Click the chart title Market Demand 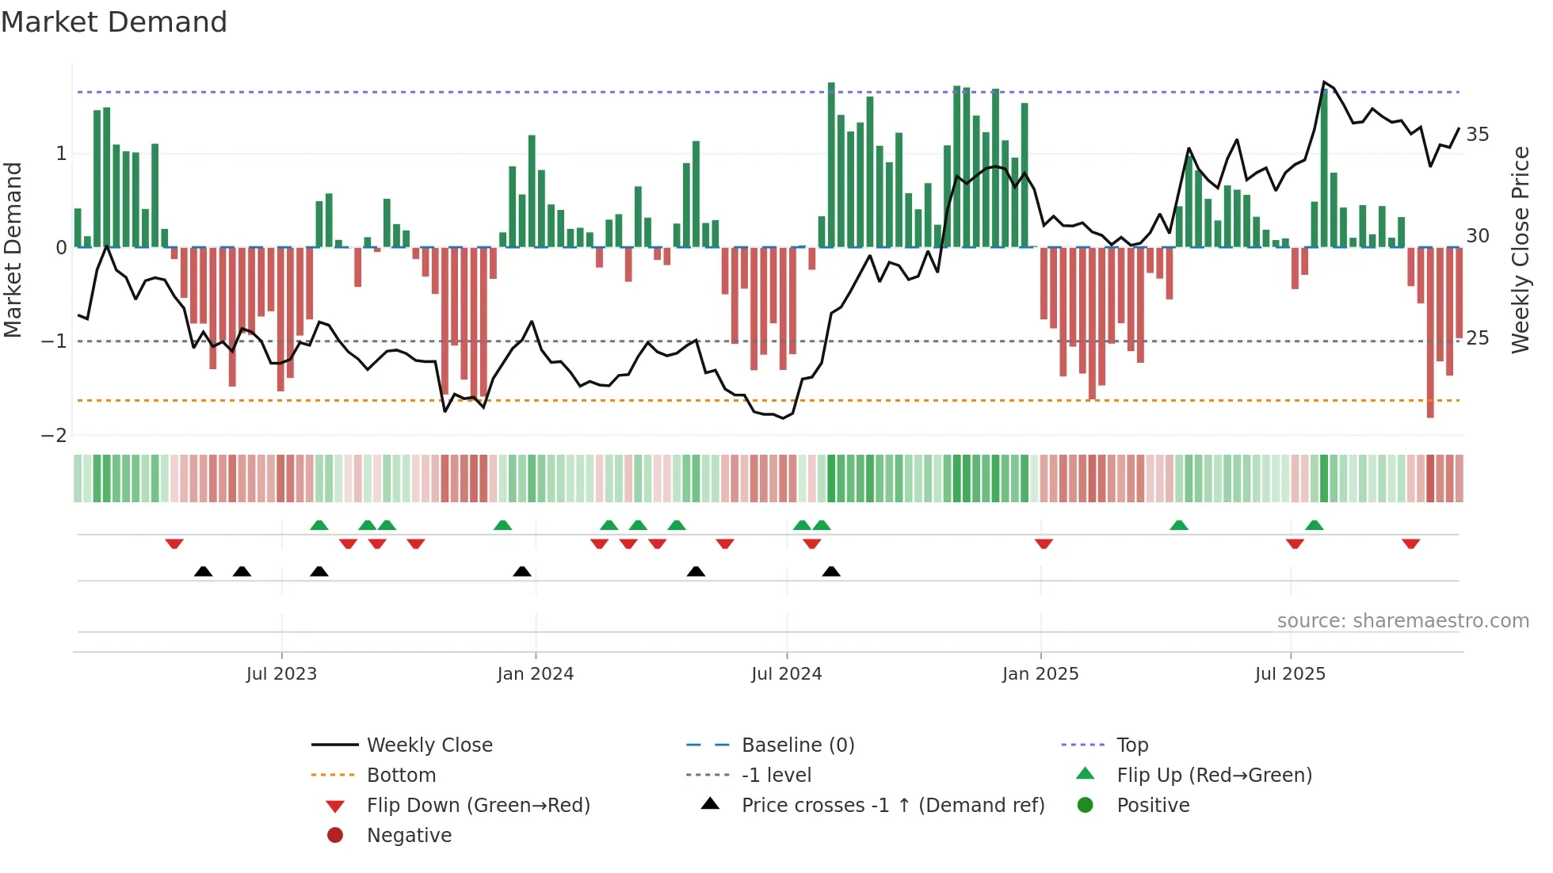(x=114, y=22)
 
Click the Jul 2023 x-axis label (x=281, y=674)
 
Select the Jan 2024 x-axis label (x=535, y=674)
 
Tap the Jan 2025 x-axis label (x=1040, y=674)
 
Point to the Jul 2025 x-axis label (x=1290, y=674)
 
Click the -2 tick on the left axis (x=54, y=435)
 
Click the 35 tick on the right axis (x=1477, y=135)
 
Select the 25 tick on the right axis (x=1477, y=338)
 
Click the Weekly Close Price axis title (x=1520, y=250)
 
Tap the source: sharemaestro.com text (x=1402, y=621)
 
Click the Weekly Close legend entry (x=429, y=745)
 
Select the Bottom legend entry (x=401, y=776)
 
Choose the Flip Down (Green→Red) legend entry (x=478, y=806)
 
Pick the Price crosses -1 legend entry (x=893, y=806)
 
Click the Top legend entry (x=1132, y=745)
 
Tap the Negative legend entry (x=409, y=836)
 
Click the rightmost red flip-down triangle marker (x=1410, y=544)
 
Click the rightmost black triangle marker (x=830, y=571)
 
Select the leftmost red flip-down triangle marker (x=174, y=544)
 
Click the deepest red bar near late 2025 (x=1430, y=333)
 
